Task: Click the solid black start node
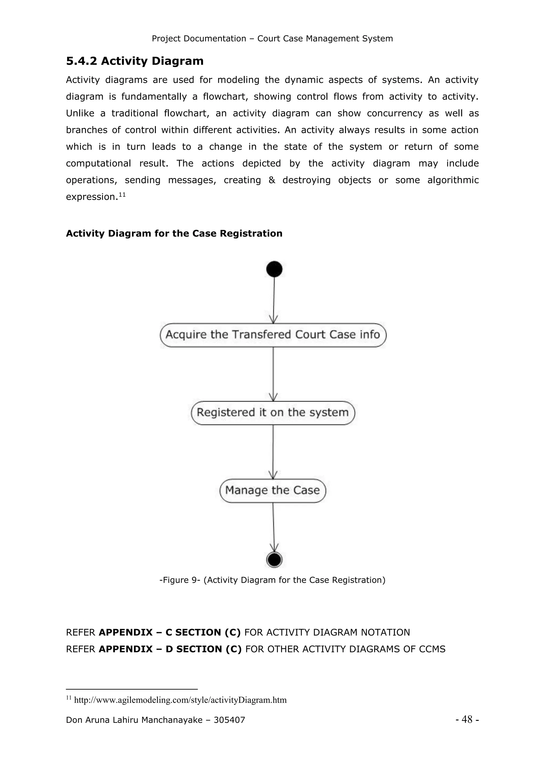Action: tap(274, 269)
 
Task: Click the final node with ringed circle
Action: tap(274, 560)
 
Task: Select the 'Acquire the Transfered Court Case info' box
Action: tap(273, 335)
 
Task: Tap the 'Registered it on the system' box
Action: tap(273, 413)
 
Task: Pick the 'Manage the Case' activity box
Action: tap(272, 490)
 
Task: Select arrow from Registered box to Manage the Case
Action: tap(273, 452)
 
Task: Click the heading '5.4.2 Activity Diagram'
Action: tap(135, 61)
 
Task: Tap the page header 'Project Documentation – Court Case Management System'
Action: tap(272, 39)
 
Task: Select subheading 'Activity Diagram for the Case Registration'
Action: tap(174, 233)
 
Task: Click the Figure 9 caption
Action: tap(272, 580)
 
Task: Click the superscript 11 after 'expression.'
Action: tap(122, 194)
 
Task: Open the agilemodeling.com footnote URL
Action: tap(180, 700)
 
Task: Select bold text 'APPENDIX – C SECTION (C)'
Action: tap(170, 632)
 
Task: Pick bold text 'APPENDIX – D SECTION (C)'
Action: tap(170, 649)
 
